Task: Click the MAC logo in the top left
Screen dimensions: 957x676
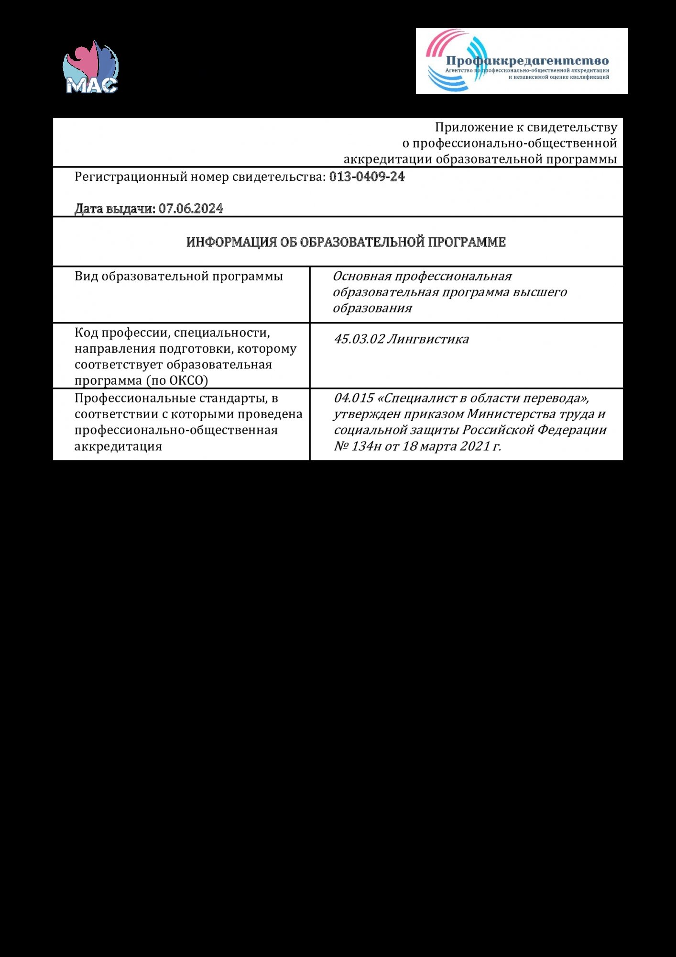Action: point(91,67)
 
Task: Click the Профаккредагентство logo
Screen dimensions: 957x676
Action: point(522,61)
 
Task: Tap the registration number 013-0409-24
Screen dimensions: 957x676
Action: point(367,177)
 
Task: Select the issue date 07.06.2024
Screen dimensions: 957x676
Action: point(191,209)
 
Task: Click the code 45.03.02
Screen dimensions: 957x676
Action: point(359,339)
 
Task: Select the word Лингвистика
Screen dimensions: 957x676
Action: point(428,339)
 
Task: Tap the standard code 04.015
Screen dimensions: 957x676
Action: point(353,398)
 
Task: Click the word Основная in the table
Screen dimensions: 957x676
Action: point(362,277)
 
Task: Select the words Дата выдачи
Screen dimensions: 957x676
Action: point(115,209)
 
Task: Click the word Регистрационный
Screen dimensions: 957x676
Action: point(131,177)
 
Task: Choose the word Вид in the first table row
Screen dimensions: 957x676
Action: point(86,277)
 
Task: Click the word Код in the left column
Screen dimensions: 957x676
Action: point(86,333)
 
